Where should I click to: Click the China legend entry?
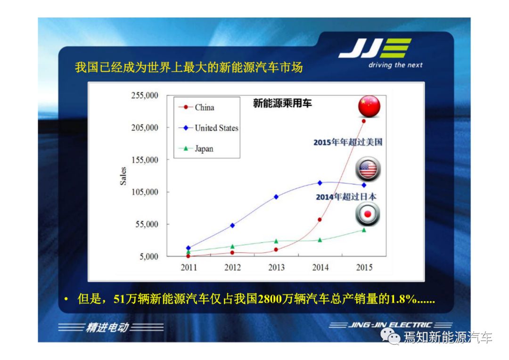[196, 107]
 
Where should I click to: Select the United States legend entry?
[208, 128]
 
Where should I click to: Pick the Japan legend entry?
[196, 149]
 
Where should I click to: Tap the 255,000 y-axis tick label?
[145, 95]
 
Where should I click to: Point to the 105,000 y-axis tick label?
[145, 192]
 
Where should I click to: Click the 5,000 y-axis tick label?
[148, 256]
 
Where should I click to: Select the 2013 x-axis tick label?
[276, 267]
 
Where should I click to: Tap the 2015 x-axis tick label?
[364, 267]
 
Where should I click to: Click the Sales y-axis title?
[123, 176]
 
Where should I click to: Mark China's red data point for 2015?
[363, 121]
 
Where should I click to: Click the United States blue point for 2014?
[320, 183]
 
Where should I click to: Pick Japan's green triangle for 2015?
[364, 230]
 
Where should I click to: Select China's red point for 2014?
[320, 220]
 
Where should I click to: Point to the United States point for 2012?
[232, 225]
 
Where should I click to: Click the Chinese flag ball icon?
[369, 106]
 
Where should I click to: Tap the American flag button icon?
[368, 169]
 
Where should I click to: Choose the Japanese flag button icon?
[368, 214]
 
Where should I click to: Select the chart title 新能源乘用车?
[282, 103]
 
